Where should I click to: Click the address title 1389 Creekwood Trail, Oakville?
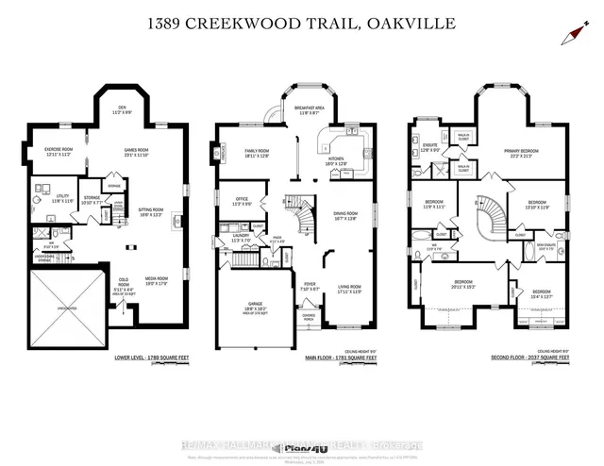click(x=302, y=22)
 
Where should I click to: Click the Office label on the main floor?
click(x=241, y=201)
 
